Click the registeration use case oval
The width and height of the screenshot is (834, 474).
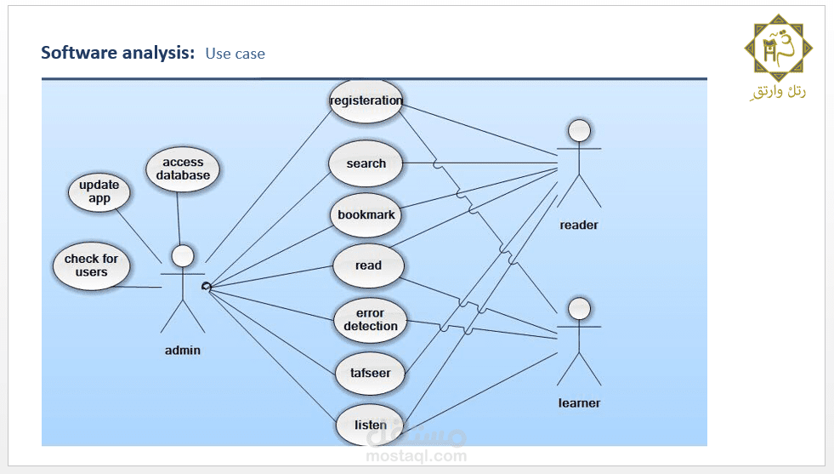(366, 101)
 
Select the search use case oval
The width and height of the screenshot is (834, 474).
(366, 163)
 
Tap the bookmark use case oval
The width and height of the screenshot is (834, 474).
(366, 214)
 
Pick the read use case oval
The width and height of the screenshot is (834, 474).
(368, 266)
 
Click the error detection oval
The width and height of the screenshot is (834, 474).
(370, 320)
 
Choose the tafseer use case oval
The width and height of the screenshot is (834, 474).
(370, 373)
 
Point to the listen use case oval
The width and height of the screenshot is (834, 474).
(370, 425)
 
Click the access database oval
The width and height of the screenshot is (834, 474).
(183, 168)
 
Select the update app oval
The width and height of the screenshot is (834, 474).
(99, 191)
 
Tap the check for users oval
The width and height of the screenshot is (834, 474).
(92, 266)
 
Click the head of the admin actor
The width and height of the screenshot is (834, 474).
(183, 256)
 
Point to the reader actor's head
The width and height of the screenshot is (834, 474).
(579, 130)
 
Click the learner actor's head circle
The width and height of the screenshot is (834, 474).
(579, 309)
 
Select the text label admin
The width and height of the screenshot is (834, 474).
(183, 351)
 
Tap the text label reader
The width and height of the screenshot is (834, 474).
(579, 226)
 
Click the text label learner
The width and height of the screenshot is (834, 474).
(579, 403)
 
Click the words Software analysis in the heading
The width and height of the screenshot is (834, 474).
(118, 53)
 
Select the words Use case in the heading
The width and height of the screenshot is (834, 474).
(235, 54)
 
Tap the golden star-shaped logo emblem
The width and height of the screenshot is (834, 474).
(778, 49)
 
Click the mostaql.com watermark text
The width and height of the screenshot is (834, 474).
(417, 455)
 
